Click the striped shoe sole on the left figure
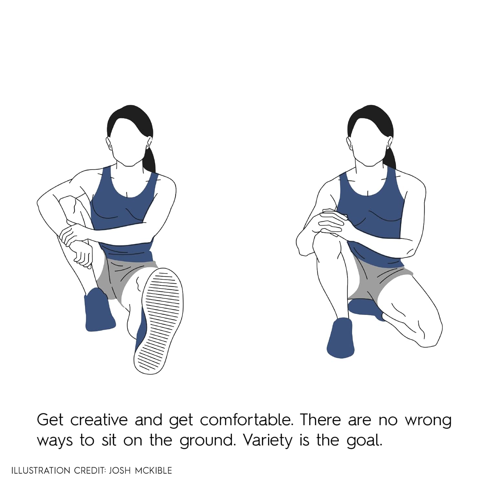click(x=158, y=321)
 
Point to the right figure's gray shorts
click(x=378, y=281)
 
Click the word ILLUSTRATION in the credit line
click(x=40, y=470)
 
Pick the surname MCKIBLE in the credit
click(x=153, y=470)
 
